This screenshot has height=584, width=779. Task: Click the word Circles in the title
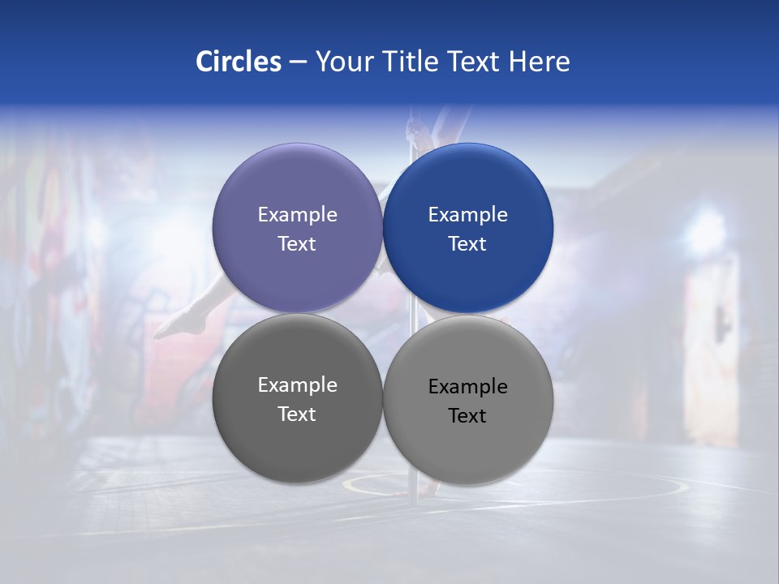pos(239,62)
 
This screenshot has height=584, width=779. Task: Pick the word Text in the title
pos(475,62)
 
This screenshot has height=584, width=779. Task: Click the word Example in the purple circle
pos(297,214)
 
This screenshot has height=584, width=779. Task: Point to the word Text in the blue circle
pos(467,244)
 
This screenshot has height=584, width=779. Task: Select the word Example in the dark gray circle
pos(297,384)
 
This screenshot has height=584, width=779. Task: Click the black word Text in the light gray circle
pos(467,416)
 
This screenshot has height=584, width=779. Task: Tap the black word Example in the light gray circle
pos(467,387)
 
